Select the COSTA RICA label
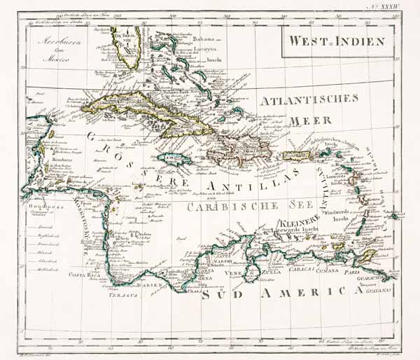tap(83, 275)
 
